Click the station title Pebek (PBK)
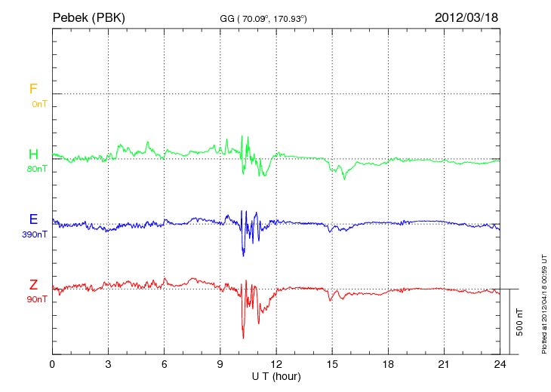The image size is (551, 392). click(88, 17)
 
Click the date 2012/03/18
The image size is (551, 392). click(466, 17)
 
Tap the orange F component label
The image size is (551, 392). click(33, 89)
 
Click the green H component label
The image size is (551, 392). click(33, 155)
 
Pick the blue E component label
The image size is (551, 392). click(33, 219)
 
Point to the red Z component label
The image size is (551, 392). click(33, 285)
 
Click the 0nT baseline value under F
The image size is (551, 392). click(38, 104)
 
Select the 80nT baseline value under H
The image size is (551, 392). click(37, 169)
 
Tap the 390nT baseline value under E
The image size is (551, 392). click(35, 234)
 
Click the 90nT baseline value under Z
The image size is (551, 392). click(37, 299)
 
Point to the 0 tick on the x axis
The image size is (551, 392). click(52, 364)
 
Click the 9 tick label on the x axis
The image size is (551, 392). click(220, 364)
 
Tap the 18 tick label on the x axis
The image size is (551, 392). click(388, 364)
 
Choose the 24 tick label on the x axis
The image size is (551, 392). click(500, 364)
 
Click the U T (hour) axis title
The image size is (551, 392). click(276, 375)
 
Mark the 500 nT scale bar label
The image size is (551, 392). click(519, 322)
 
